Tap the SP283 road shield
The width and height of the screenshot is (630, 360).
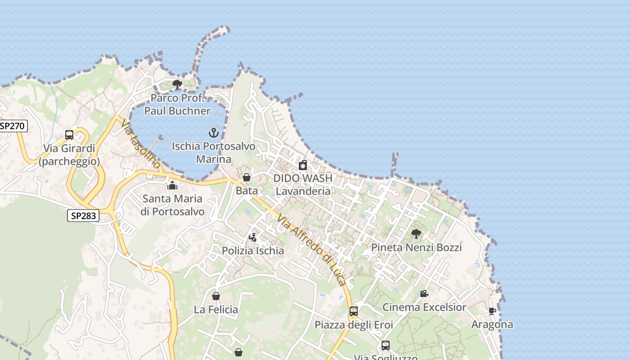(83, 216)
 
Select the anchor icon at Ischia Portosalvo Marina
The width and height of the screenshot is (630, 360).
(214, 133)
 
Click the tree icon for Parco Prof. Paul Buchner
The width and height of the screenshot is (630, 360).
(177, 84)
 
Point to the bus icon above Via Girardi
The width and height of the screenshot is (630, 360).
(69, 135)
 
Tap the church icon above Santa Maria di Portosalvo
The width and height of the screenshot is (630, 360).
(172, 185)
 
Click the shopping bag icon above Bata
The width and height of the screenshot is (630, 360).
(246, 177)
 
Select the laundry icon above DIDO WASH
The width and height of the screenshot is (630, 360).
(303, 165)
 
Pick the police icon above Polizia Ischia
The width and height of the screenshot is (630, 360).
(253, 237)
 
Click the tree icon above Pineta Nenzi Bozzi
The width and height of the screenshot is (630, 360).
(416, 234)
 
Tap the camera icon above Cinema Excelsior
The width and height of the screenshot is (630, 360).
(424, 293)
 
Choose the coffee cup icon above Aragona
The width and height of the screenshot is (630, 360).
(492, 311)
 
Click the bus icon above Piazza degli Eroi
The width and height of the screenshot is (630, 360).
(354, 311)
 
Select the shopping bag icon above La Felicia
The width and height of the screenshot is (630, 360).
(216, 296)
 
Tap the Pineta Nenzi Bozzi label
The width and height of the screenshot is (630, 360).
(416, 247)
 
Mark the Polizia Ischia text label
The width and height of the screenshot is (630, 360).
(253, 251)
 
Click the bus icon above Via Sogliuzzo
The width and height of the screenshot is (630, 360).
(386, 346)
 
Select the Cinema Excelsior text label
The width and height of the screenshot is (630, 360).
(424, 307)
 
